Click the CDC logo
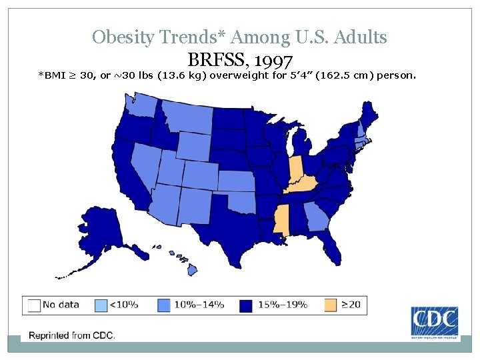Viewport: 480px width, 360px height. click(434, 321)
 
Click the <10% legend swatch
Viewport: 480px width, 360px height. click(100, 305)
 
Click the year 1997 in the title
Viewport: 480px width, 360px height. click(273, 62)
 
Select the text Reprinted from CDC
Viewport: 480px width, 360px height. click(71, 335)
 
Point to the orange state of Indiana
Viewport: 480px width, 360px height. click(295, 170)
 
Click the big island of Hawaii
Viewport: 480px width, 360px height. click(191, 270)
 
